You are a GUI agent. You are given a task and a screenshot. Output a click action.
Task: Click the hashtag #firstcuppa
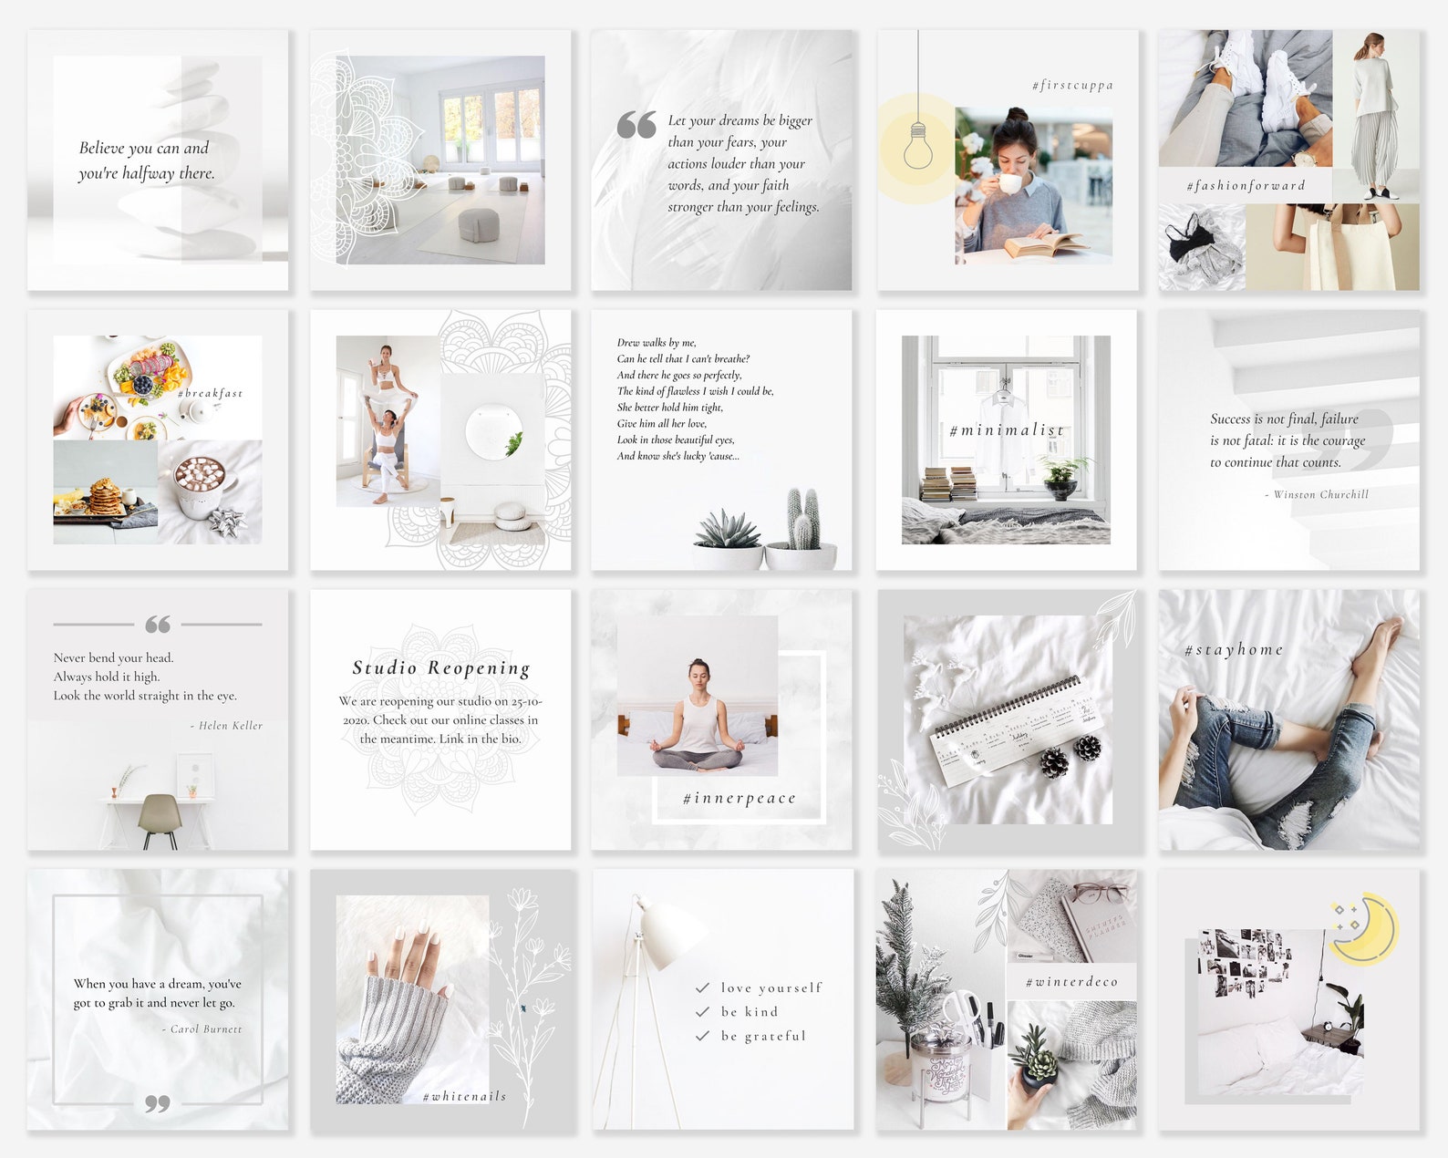click(1072, 86)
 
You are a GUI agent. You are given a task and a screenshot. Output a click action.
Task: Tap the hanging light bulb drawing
click(918, 146)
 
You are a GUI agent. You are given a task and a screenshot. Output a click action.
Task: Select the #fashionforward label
click(1246, 186)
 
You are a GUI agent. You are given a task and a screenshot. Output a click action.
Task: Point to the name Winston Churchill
click(1320, 494)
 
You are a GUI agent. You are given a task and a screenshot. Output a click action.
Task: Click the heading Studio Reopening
click(441, 668)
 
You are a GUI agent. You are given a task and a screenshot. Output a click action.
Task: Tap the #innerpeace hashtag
click(739, 799)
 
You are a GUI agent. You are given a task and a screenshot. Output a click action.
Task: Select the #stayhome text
click(1234, 650)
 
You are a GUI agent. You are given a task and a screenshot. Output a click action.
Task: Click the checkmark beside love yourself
click(702, 987)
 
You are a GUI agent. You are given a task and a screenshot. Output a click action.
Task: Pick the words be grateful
click(763, 1036)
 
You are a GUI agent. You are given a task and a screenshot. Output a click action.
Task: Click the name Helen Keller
click(230, 726)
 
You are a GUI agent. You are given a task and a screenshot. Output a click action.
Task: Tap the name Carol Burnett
click(206, 1029)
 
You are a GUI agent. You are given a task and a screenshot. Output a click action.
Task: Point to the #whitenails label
click(464, 1096)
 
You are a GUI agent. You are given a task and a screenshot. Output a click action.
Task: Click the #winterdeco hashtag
click(1071, 982)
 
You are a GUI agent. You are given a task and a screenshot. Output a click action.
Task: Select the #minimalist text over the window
click(1006, 430)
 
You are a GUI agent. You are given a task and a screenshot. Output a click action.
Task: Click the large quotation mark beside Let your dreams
click(636, 126)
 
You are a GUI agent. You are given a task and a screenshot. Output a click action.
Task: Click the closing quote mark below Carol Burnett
click(157, 1103)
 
